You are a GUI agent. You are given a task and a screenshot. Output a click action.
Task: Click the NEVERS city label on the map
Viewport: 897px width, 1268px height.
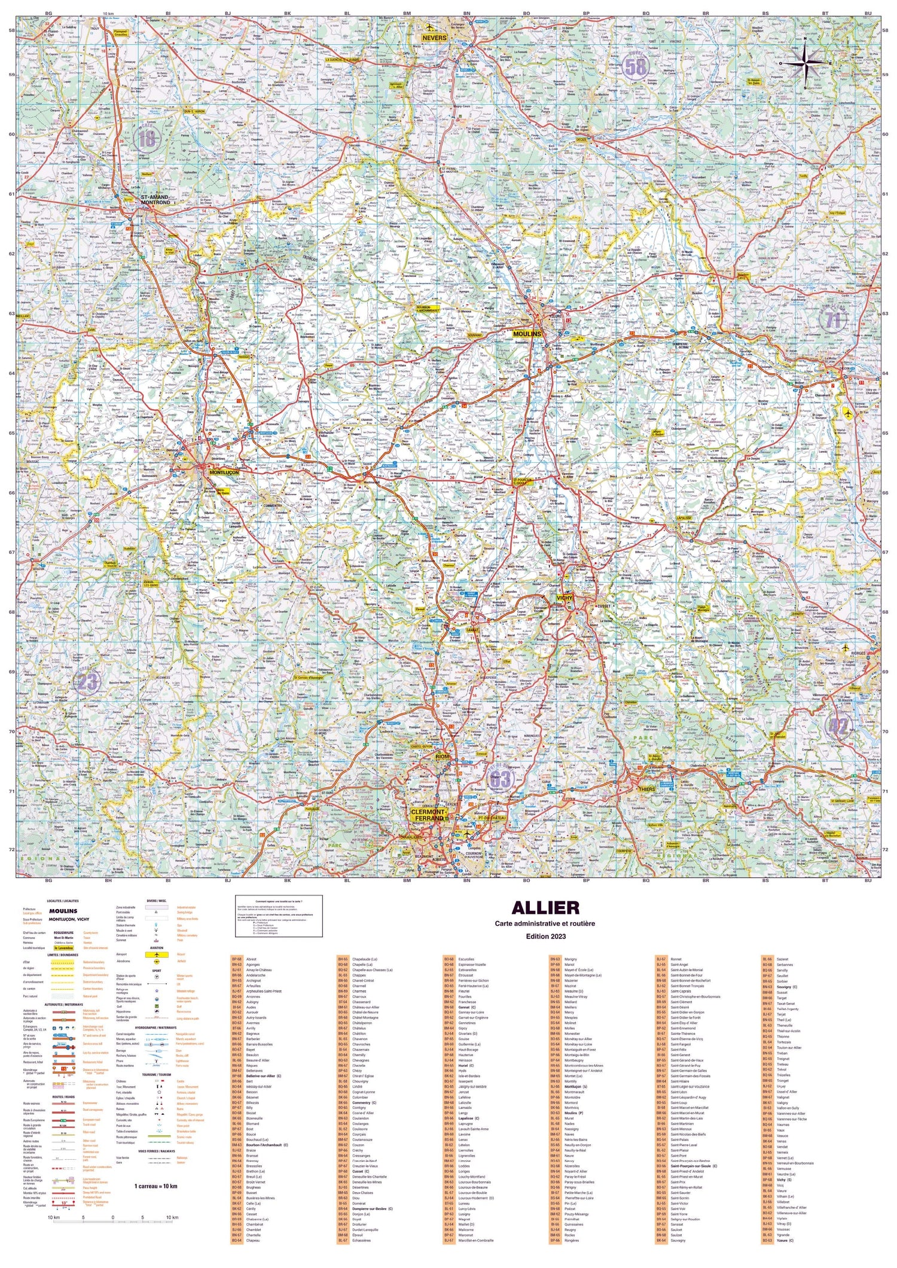[x=435, y=37]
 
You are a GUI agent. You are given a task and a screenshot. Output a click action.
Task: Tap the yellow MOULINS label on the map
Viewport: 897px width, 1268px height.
[x=527, y=334]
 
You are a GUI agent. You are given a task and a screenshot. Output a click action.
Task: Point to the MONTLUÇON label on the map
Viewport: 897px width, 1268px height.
[x=224, y=473]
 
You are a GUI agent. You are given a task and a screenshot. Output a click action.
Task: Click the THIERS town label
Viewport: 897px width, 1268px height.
[x=646, y=789]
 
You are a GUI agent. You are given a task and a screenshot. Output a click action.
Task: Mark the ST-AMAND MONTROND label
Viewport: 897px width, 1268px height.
[x=155, y=199]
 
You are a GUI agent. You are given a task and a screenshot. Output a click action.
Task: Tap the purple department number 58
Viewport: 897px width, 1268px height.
[x=635, y=67]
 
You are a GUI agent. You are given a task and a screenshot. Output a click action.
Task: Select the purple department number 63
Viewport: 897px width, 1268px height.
[x=500, y=779]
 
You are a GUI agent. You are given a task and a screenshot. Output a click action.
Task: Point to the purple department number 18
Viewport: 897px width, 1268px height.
[x=147, y=139]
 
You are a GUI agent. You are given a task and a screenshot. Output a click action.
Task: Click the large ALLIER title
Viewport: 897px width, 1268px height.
[x=545, y=907]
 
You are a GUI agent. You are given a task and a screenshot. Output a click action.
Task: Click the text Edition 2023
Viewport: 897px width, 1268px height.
[x=545, y=935]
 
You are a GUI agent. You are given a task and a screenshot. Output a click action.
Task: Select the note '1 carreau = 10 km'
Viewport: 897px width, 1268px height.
[x=155, y=1185]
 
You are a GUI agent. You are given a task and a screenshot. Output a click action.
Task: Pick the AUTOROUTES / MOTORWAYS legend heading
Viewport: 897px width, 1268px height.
[x=66, y=1004]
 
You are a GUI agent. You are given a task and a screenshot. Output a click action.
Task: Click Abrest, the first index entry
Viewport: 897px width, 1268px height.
[x=251, y=959]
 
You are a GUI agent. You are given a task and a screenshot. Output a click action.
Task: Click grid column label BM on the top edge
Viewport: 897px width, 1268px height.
[x=407, y=12]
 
